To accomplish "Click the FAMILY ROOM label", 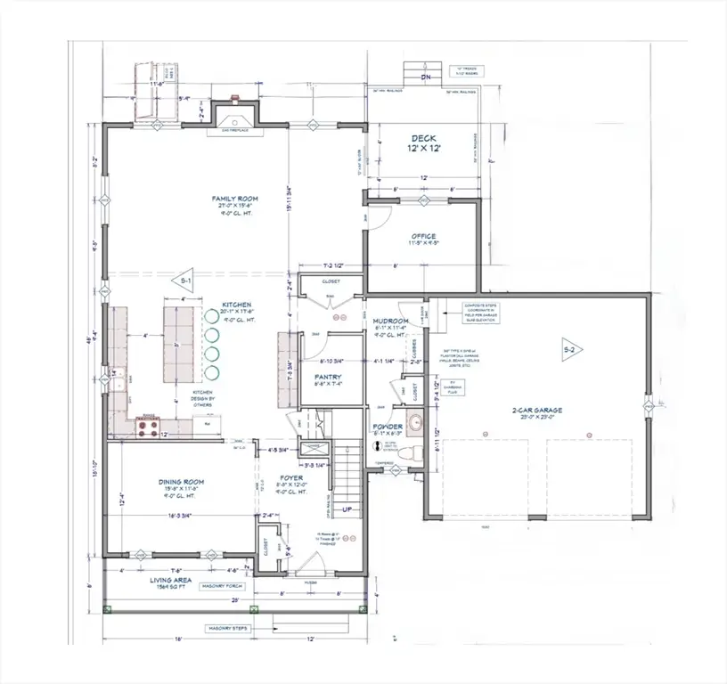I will click(x=229, y=199).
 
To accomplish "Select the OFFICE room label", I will click(x=423, y=237).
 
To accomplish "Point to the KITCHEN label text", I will click(x=236, y=305).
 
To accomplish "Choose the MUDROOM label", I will click(x=390, y=321).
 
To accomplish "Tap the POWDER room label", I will click(x=388, y=427).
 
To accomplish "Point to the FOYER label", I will click(x=291, y=477).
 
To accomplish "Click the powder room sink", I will click(x=413, y=422).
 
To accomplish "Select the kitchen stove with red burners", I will click(x=146, y=428).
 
